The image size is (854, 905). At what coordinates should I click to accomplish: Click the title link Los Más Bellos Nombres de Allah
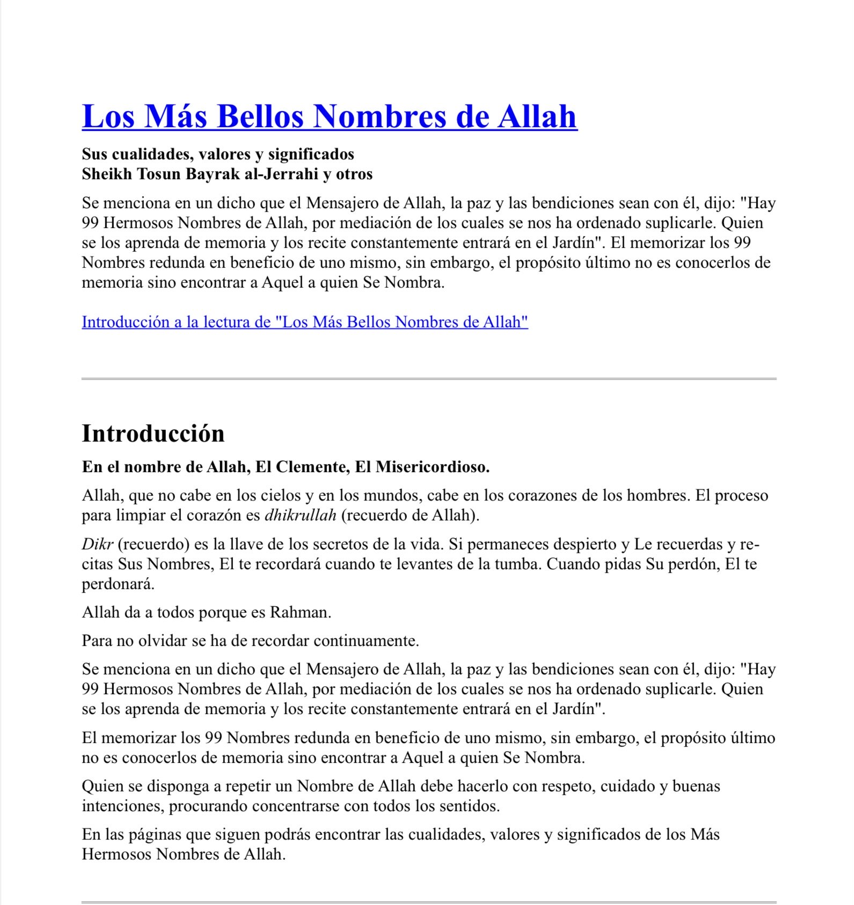point(329,116)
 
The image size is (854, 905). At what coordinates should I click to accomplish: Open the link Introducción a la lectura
point(304,322)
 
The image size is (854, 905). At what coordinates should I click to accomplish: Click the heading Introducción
point(153,433)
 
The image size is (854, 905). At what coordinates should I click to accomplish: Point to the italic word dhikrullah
point(301,516)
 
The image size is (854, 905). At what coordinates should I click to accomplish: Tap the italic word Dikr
point(97,545)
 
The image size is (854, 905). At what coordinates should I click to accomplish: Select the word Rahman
point(300,613)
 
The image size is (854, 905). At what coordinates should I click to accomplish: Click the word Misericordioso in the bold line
point(432,467)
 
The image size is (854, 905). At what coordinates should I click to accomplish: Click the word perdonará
point(118,584)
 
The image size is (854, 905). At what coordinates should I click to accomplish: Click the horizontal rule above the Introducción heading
point(428,379)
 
